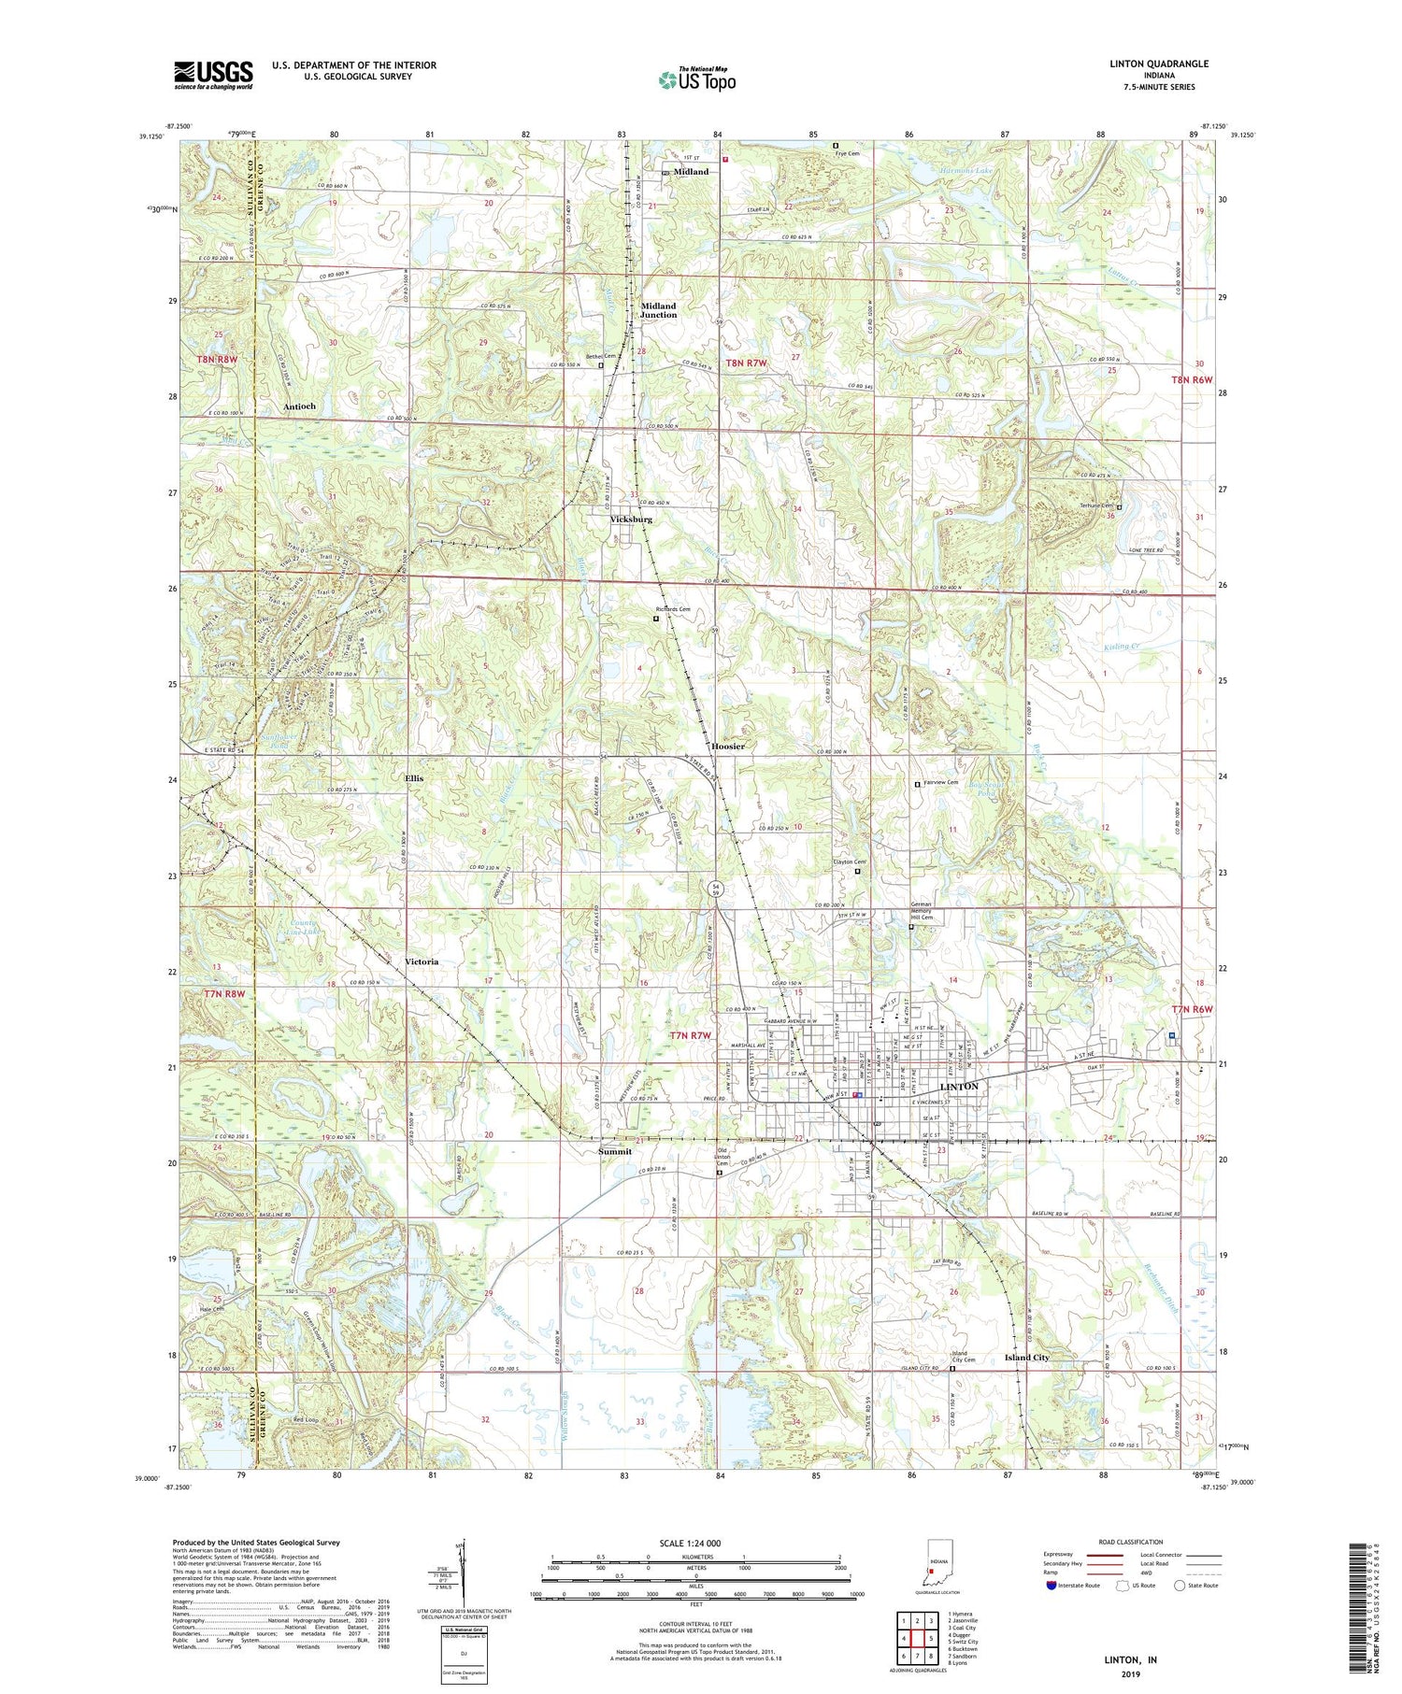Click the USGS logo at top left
tap(213, 75)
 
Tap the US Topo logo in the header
tap(696, 79)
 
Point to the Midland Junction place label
tap(658, 310)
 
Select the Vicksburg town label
tap(631, 519)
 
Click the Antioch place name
tap(299, 406)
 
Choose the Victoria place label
tap(422, 961)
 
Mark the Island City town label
tap(1026, 1357)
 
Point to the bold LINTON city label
tap(959, 1087)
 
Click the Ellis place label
tap(413, 777)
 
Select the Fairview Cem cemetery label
tap(941, 782)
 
